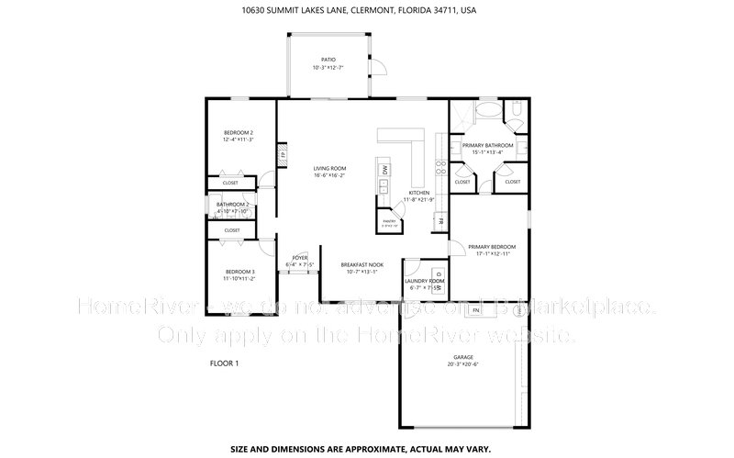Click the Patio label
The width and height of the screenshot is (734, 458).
coord(328,60)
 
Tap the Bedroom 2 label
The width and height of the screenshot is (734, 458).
coord(239,134)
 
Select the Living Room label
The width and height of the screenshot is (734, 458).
coord(329,168)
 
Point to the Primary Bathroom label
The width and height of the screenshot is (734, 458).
coord(487,146)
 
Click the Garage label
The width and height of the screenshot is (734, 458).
coord(463,357)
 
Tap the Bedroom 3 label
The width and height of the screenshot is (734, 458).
coord(239,273)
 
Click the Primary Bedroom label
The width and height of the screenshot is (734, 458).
coord(492,247)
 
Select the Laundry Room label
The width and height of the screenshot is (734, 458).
coord(424,281)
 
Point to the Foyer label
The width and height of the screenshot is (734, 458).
coord(300,258)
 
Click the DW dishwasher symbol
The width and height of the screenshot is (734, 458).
coord(384,170)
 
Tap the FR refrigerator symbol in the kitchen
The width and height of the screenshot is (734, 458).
coord(440,221)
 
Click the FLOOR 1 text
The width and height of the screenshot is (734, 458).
coord(225,363)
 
